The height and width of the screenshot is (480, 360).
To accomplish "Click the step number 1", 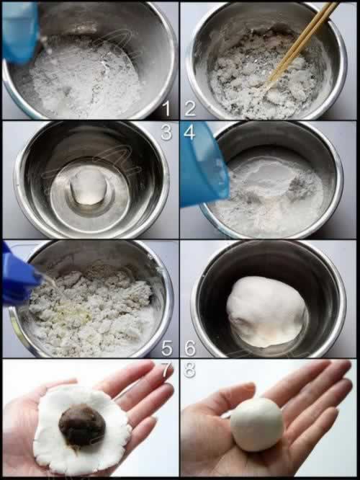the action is pos(167,108).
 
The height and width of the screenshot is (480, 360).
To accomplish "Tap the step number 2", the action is pos(190,108).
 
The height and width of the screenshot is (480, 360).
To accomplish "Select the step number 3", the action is pos(166,132).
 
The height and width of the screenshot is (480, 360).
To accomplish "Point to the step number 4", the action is pos(189,132).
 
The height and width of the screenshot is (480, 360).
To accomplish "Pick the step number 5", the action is pos(167,348).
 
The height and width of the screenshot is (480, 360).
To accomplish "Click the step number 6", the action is pos(190,348).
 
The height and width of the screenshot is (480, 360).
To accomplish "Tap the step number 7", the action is pos(167,370).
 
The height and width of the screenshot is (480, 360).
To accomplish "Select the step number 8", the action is pos(189,370).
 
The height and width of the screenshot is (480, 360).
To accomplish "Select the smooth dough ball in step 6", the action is pos(266,311).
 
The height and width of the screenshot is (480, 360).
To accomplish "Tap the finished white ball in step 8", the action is pos(256,425).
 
